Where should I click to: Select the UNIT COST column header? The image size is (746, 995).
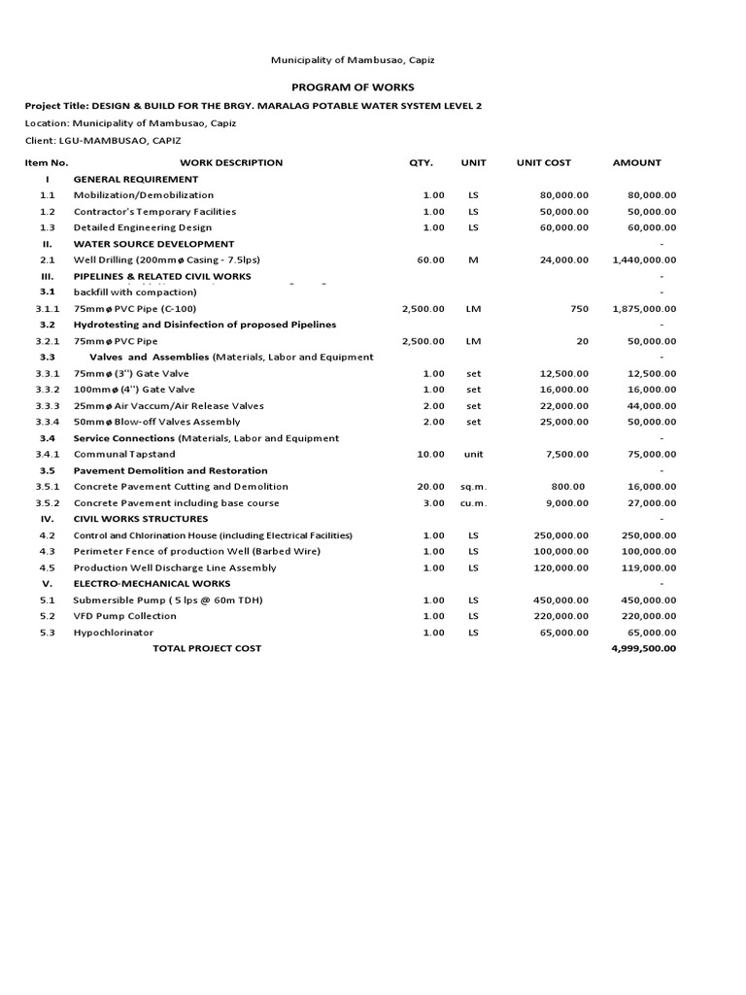(544, 163)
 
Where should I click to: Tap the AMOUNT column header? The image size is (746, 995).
(636, 163)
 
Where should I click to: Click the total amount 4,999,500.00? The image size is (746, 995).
(643, 648)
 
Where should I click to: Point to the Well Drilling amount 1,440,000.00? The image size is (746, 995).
(645, 260)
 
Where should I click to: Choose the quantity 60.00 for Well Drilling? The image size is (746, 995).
(430, 260)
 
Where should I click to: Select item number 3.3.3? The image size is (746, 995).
(48, 406)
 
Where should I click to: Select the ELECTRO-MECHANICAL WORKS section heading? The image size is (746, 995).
(152, 584)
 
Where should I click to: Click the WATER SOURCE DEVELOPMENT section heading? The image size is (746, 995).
(153, 244)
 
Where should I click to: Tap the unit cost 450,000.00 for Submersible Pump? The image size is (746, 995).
(560, 600)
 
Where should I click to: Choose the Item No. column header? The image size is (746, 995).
(47, 163)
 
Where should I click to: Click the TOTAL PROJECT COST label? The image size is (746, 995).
(207, 648)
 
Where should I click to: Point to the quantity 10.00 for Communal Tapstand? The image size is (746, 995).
(430, 455)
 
